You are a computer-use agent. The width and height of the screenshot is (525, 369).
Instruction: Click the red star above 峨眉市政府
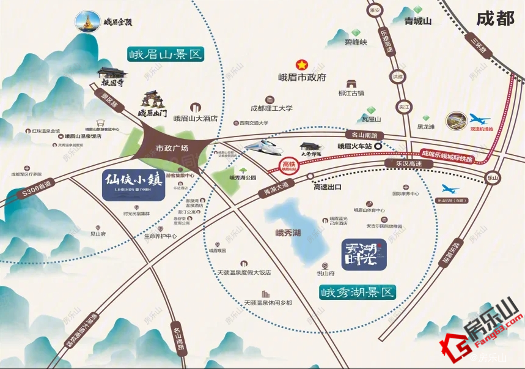coord(300,64)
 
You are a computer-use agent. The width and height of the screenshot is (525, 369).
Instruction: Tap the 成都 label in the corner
coord(495,19)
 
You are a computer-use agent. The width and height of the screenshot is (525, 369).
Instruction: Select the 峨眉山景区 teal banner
coord(165,54)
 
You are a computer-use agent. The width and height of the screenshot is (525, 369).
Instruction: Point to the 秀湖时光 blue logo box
coord(364,254)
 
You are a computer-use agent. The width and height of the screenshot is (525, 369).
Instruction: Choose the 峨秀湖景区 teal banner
coord(357,292)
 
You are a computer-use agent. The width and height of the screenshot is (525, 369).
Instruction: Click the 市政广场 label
coord(172,148)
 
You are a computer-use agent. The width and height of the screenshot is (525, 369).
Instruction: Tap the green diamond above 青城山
coord(418,9)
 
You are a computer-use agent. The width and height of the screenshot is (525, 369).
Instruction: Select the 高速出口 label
coord(327,187)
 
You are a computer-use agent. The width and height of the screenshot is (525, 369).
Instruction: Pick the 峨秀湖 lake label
coord(288,233)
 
